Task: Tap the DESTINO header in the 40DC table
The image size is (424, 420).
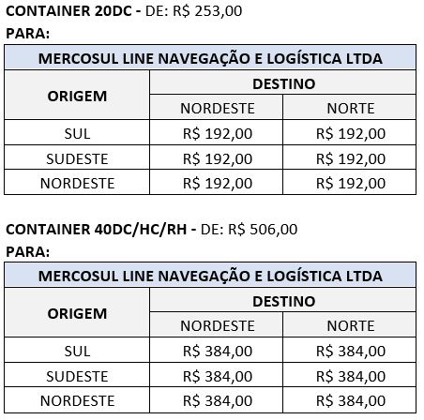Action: click(283, 301)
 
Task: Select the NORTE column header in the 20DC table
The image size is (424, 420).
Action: click(350, 109)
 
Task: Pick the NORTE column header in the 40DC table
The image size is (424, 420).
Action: click(350, 325)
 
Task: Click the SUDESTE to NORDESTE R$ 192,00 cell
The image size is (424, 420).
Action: click(217, 158)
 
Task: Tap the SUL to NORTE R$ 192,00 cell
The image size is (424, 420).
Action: click(350, 134)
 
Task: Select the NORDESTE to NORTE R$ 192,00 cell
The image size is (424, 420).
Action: click(350, 183)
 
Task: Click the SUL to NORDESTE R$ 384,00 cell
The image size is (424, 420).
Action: click(217, 351)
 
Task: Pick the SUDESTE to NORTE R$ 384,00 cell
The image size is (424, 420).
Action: click(350, 376)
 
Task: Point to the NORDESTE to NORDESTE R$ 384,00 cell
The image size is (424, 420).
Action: click(217, 400)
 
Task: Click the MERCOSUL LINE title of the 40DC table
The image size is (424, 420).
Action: click(210, 277)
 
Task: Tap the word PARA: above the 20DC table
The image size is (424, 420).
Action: click(27, 34)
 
